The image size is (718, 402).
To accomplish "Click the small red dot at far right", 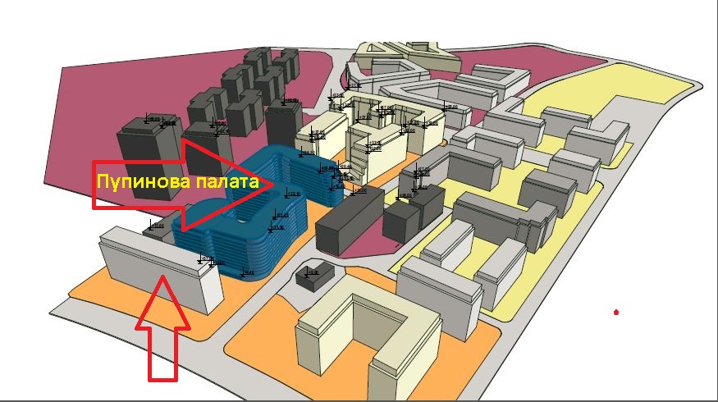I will click(x=615, y=312).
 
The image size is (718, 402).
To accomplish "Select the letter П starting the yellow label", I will click(x=103, y=181).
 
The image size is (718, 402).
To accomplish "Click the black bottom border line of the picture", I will click(x=359, y=400).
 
